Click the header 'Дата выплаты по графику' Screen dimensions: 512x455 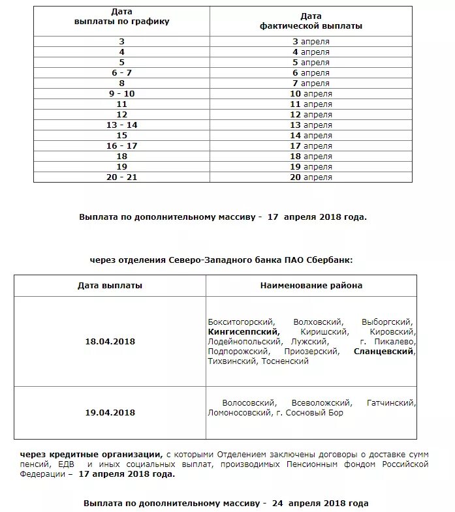point(121,17)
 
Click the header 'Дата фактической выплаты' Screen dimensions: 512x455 point(311,22)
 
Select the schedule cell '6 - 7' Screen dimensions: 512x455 point(121,72)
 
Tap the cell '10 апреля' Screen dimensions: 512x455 point(311,93)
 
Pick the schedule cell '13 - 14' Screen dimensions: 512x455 point(121,125)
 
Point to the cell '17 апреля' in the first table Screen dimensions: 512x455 point(311,145)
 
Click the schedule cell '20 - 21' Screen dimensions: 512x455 point(121,177)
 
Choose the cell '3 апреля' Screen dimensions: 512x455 point(311,41)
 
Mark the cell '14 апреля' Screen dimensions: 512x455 point(311,135)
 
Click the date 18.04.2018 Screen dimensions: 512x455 point(110,341)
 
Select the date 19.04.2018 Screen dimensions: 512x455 point(110,412)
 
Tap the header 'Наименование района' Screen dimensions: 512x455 point(311,285)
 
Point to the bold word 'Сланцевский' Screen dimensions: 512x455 point(383,351)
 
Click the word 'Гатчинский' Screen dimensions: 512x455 point(391,403)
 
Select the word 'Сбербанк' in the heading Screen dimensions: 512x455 point(332,260)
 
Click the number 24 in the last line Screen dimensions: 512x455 point(277,503)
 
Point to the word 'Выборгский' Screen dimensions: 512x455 point(388,322)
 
